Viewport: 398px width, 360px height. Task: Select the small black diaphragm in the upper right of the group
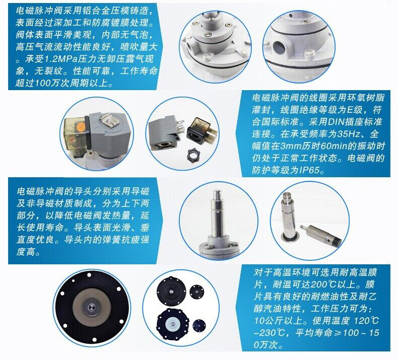tap(197, 291)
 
